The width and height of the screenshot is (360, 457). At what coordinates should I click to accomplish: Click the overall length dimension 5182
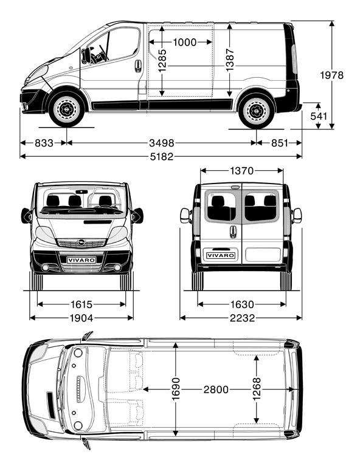(162, 157)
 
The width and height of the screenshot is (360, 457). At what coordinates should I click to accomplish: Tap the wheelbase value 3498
(162, 143)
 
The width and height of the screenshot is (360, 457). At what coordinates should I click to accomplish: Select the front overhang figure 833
(44, 143)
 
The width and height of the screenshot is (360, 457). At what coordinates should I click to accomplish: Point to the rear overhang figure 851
(279, 143)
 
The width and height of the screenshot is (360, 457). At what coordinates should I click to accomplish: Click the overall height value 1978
(331, 75)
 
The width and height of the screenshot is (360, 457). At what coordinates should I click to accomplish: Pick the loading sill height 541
(319, 116)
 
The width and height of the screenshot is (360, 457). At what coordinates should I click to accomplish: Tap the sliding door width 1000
(185, 43)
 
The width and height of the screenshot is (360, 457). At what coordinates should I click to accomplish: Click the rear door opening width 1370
(241, 171)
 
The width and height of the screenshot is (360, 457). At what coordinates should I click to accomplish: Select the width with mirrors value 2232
(242, 318)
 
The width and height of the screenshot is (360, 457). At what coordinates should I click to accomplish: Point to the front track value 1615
(81, 304)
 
